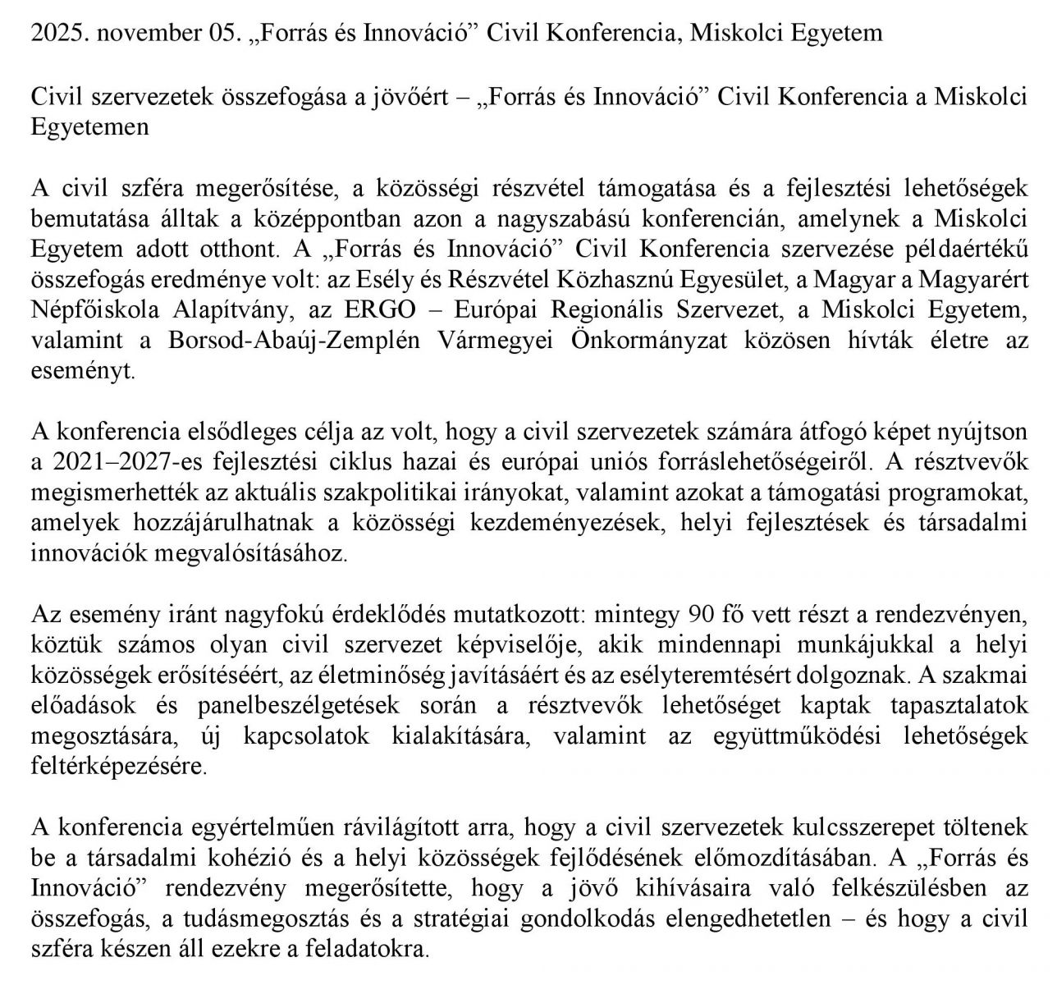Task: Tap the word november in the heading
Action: coord(142,33)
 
